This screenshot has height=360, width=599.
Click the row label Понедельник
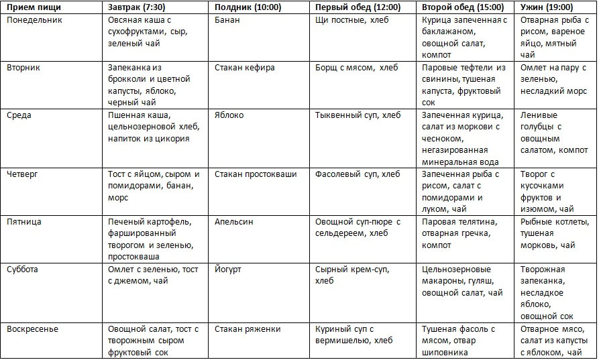point(34,20)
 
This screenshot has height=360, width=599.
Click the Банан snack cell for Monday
point(227,20)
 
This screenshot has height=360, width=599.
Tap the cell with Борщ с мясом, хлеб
point(356,68)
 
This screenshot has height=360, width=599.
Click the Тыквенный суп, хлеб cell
point(358,115)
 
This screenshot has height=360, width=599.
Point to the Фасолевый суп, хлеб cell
point(358,174)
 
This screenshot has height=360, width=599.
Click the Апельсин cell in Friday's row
point(234,222)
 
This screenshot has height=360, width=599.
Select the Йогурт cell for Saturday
point(228,269)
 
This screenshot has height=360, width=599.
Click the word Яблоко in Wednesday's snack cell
point(229,115)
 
